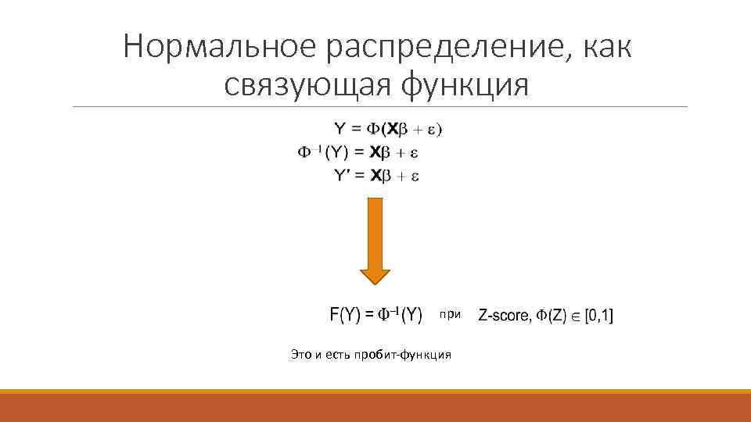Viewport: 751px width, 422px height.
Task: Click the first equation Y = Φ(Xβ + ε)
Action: (388, 129)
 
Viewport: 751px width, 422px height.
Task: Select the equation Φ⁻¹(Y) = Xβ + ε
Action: (359, 152)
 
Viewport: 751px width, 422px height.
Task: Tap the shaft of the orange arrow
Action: (375, 231)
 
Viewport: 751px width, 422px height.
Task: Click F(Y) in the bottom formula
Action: (345, 315)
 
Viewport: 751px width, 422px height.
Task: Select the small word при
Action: (451, 314)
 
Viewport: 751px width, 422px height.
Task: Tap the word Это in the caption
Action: (300, 355)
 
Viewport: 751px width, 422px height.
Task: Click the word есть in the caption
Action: (341, 355)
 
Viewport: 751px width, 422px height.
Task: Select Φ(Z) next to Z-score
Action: (552, 316)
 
